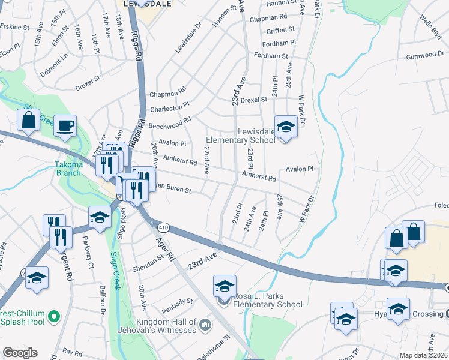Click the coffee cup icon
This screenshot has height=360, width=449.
[x=65, y=126]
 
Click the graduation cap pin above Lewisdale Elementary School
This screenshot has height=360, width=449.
[x=286, y=127]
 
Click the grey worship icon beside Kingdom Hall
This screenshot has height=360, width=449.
[x=205, y=325]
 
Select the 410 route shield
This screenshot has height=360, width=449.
[x=163, y=227]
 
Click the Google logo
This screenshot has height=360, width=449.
[x=20, y=353]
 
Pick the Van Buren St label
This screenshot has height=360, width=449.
[x=172, y=189]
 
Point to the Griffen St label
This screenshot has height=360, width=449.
[x=280, y=29]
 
